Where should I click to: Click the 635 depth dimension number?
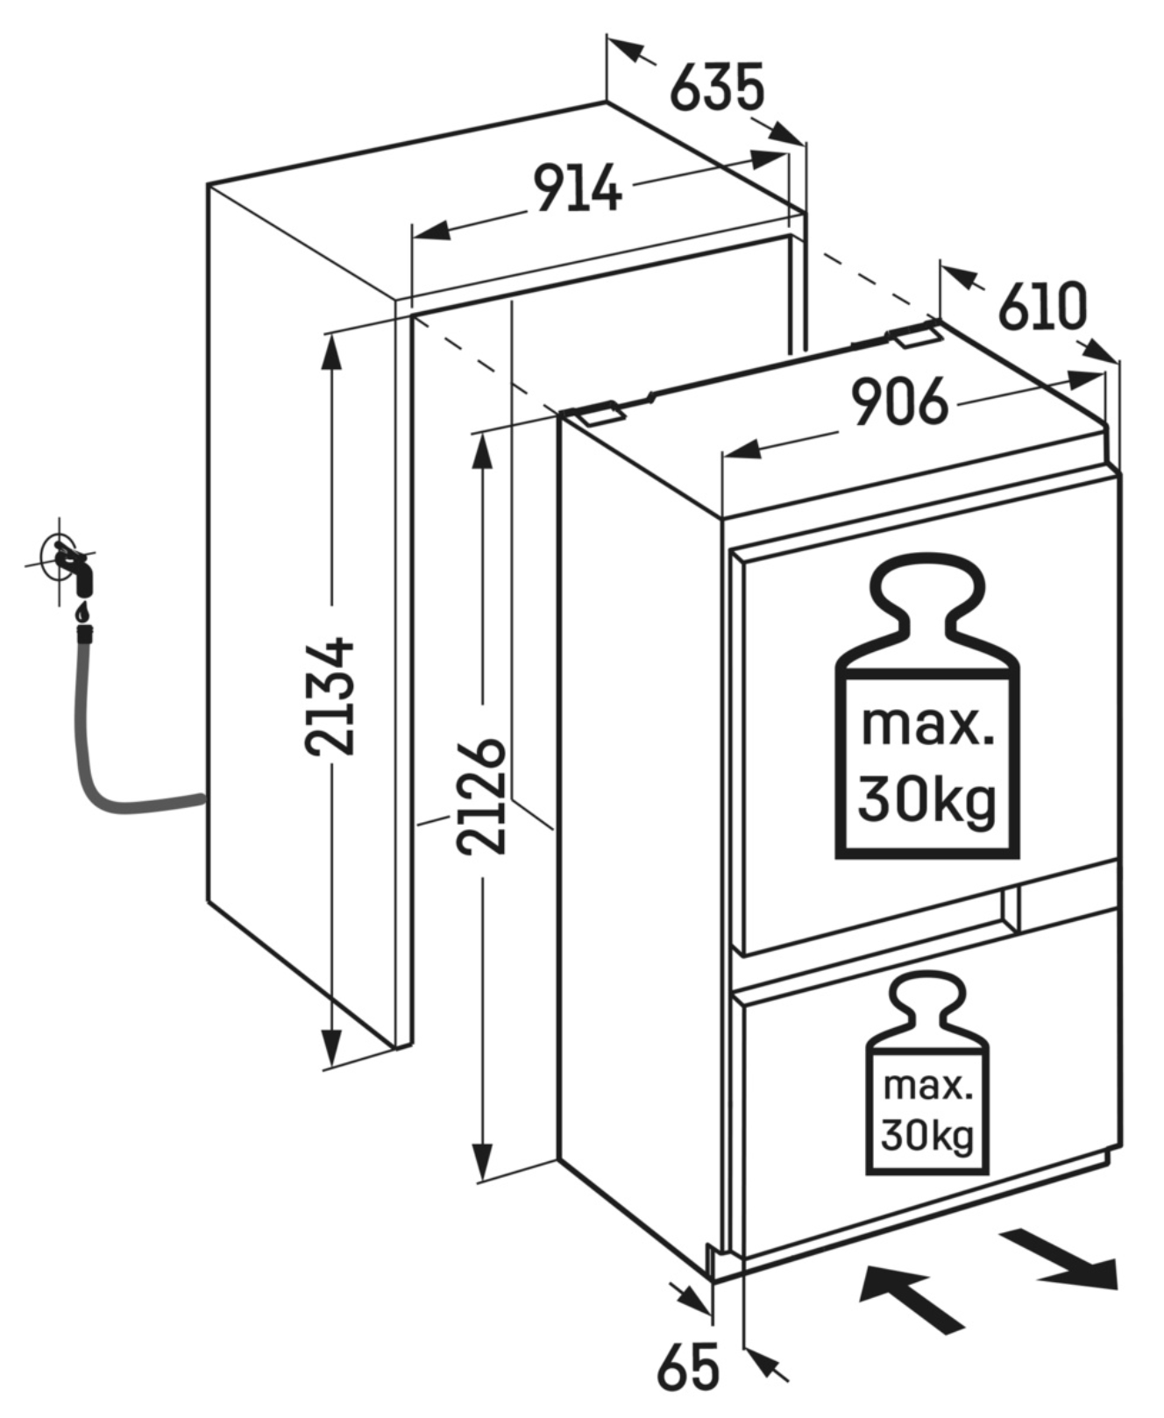pos(717,87)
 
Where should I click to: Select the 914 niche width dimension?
pos(578,189)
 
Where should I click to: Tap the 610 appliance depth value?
pos(1042,307)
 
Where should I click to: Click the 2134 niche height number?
pos(330,697)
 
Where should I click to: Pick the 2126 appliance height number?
pos(481,797)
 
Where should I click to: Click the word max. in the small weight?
pos(927,1087)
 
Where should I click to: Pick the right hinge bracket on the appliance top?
pos(914,336)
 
